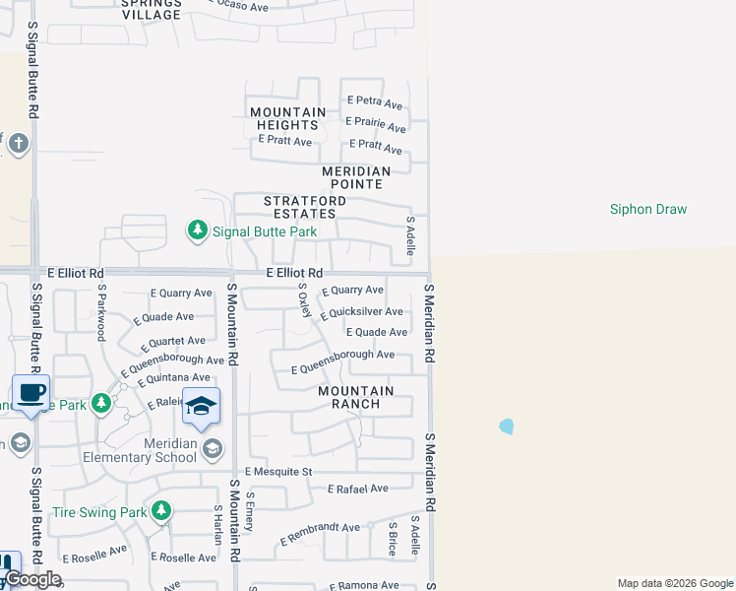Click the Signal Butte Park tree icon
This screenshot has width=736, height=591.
coord(198,230)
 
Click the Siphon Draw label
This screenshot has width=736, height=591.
coord(647,209)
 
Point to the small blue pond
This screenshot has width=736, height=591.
coord(506,427)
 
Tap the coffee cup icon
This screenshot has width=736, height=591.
coord(31,392)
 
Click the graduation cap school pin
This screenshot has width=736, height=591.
coord(201,406)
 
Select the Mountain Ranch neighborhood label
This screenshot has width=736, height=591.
coord(355,397)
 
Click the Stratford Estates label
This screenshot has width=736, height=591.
coord(305,207)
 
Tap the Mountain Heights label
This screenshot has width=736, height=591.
coord(287,118)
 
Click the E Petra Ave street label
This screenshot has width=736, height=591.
coord(375,102)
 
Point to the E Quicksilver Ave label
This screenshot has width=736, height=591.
coord(362,312)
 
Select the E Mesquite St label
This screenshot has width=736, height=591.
coord(278,472)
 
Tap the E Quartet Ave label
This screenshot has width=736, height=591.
coord(172,341)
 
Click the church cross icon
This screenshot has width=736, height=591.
coord(18,145)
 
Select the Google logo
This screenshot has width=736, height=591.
coord(31,579)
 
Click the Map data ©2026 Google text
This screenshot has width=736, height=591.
coord(674,583)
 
